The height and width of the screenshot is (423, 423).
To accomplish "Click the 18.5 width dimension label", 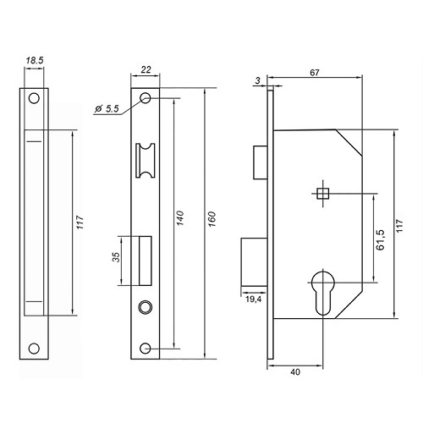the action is point(35,61).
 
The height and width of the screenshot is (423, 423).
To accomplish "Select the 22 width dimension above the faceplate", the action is point(146,69).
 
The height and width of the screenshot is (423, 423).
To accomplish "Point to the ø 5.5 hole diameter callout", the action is point(107,108).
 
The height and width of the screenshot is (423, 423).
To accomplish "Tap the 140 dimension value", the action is point(179,217).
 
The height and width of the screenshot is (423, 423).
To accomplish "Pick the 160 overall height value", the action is point(211,219).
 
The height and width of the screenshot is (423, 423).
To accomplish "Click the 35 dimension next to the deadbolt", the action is point(116,257).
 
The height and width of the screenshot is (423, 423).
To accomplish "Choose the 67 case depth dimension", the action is point(315,73).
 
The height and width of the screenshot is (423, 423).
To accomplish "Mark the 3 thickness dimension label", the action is point(258,80).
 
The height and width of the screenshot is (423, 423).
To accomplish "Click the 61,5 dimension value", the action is point(380,239).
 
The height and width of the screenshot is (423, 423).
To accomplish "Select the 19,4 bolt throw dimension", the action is point(254,299).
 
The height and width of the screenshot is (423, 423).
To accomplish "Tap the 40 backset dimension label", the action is point(295,372).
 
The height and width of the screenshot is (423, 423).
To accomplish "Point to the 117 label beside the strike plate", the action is point(80,222).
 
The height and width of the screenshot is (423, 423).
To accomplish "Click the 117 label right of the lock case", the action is point(400,226).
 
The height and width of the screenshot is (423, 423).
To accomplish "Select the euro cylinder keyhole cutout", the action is point(323,292).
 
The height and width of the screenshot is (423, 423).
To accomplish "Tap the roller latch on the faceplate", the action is point(146,161).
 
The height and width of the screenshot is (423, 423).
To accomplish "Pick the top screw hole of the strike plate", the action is point(34,98).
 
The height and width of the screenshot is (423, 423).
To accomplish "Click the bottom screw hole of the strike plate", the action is point(34,349).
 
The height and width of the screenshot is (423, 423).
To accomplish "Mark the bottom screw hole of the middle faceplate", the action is point(146,349).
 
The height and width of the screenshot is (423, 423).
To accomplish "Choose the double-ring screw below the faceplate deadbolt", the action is point(146,306).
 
